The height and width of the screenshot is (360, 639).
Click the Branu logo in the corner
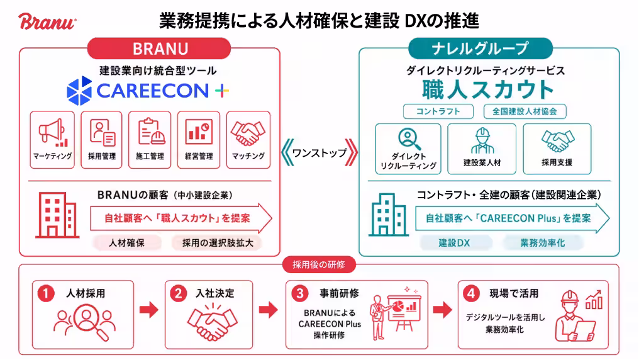[x=47, y=21]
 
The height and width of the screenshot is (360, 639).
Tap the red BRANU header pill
[x=159, y=49]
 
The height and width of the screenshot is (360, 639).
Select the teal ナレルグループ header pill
[x=481, y=48]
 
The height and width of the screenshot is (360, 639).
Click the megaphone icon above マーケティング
[x=53, y=133]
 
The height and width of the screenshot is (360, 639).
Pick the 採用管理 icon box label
[x=102, y=156]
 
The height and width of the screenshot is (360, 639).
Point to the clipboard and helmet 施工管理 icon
[x=151, y=132]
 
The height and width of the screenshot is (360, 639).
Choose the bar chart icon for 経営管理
[x=199, y=132]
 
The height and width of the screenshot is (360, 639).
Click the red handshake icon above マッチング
[x=248, y=133]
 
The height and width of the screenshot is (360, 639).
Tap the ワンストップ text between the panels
[x=319, y=153]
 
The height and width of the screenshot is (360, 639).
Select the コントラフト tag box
[x=438, y=111]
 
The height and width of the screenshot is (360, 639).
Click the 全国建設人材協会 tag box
[x=525, y=111]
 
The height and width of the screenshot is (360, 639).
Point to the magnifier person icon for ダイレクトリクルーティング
[x=409, y=139]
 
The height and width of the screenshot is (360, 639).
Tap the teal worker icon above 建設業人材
[x=482, y=140]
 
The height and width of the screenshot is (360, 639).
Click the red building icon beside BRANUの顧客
[x=57, y=215]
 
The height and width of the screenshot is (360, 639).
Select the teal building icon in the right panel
[x=389, y=215]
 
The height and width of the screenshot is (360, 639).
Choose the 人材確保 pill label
[x=127, y=243]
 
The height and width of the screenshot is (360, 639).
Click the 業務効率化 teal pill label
[x=542, y=243]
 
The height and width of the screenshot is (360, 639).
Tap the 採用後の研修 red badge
[x=319, y=264]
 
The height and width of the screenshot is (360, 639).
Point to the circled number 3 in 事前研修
[x=300, y=293]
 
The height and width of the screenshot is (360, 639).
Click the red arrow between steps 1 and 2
[x=149, y=310]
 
